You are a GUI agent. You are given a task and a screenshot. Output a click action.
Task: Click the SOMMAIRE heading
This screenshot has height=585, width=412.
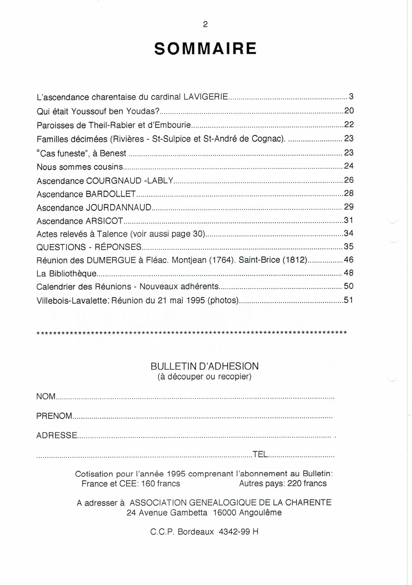click(205, 49)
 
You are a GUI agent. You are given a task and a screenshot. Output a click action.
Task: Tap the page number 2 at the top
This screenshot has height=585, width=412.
click(205, 24)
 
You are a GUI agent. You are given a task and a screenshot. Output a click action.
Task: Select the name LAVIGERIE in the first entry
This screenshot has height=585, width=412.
click(206, 97)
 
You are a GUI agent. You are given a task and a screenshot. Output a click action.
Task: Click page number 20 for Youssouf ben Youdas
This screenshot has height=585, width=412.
click(349, 111)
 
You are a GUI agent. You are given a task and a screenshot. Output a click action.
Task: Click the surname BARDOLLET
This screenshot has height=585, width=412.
click(111, 194)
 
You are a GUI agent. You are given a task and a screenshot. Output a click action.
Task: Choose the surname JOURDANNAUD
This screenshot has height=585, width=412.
click(119, 207)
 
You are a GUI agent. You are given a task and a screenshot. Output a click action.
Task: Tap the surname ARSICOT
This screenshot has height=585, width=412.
click(104, 221)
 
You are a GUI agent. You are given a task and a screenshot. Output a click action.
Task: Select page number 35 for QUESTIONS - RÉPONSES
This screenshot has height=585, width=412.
click(349, 246)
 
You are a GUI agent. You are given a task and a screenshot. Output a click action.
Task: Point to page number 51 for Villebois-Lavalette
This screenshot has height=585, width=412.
click(349, 300)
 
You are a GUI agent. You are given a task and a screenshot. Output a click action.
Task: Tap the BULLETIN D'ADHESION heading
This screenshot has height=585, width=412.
click(204, 366)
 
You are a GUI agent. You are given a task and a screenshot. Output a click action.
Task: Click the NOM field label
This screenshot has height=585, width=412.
click(46, 396)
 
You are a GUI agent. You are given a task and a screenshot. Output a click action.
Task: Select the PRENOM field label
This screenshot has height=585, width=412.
click(54, 416)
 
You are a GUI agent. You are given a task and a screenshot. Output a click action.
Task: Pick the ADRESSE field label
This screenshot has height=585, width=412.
click(57, 435)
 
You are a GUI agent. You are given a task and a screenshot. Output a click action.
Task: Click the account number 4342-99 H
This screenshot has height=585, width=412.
click(238, 532)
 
